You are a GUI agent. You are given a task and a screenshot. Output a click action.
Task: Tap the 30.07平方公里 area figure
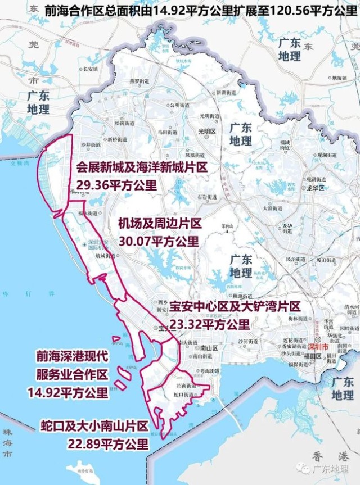pyautogui.click(x=159, y=241)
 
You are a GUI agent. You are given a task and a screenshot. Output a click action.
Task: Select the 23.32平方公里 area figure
pyautogui.click(x=209, y=324)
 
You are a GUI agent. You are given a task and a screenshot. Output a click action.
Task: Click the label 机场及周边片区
pyautogui.click(x=159, y=224)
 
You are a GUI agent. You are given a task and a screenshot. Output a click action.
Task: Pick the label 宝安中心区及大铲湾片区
pyautogui.click(x=236, y=306)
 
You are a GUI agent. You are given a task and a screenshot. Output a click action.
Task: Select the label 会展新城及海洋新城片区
pyautogui.click(x=142, y=168)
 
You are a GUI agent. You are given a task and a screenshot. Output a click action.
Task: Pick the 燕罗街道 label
pyautogui.click(x=138, y=80)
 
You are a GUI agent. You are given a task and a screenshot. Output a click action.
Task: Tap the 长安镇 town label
pyautogui.click(x=90, y=69)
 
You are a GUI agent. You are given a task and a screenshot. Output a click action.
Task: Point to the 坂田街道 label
pyautogui.click(x=326, y=260)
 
